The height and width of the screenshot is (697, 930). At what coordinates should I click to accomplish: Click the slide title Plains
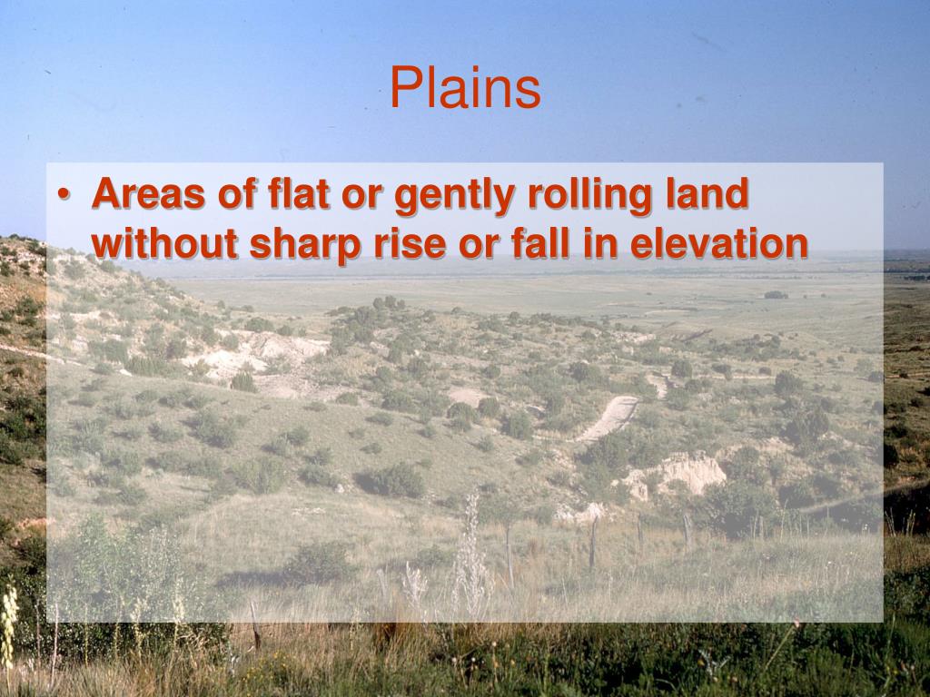[465, 90]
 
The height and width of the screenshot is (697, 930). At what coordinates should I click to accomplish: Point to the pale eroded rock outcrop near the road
[677, 474]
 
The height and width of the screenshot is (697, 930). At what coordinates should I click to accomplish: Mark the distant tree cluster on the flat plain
[776, 294]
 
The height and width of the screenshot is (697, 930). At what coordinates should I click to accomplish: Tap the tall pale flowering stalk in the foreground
[470, 554]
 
